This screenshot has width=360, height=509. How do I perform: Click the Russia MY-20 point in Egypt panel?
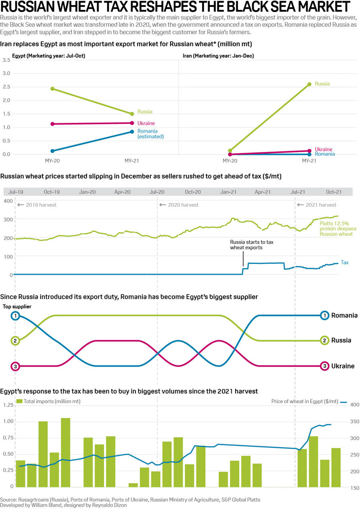click(52, 89)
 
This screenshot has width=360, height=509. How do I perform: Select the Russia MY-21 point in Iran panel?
click(309, 84)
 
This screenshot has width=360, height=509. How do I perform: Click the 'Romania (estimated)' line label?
click(150, 134)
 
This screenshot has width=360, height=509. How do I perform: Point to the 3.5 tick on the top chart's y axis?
click(6, 60)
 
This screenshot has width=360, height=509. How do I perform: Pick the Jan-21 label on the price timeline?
click(228, 192)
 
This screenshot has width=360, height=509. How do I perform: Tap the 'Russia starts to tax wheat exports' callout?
click(246, 245)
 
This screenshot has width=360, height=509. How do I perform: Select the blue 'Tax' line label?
click(345, 262)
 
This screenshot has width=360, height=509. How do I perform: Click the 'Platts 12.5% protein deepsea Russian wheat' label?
click(336, 229)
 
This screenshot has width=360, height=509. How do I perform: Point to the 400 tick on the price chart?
click(8, 201)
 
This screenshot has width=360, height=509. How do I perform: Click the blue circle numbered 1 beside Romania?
click(325, 315)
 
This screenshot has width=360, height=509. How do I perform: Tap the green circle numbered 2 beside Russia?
click(325, 340)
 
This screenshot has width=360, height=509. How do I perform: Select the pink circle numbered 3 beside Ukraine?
click(325, 366)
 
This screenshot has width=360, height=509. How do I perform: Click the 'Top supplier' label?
click(17, 307)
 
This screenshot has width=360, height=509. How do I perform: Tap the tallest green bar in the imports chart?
click(66, 452)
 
